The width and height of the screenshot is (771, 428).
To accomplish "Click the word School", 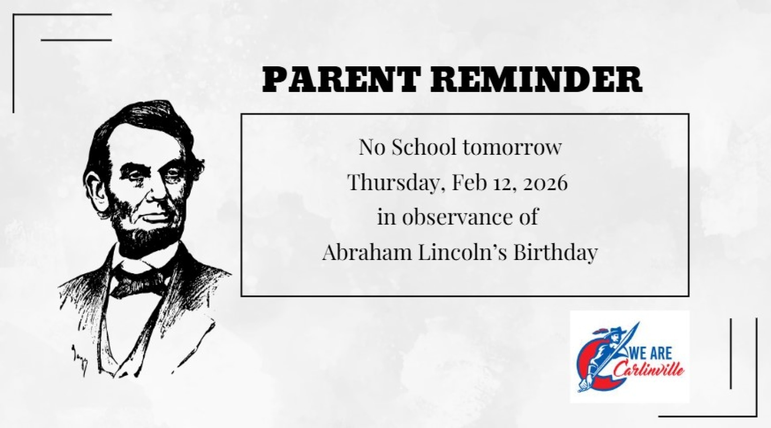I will click(424, 147).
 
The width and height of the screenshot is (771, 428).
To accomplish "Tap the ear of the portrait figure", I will click(97, 189).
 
